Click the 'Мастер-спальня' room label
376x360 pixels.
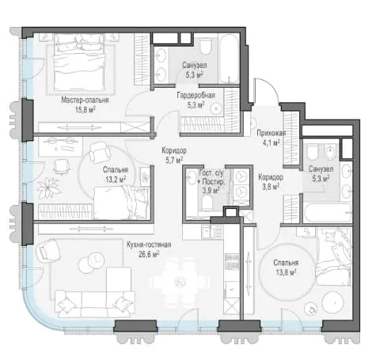coord(85,100)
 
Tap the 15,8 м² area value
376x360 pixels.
coord(85,109)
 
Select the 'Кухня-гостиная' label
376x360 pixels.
coord(149,244)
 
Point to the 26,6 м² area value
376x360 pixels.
coord(149,254)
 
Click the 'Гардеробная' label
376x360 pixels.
coord(196,95)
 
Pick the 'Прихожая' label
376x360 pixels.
coord(272,133)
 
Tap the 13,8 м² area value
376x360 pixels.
coord(286,272)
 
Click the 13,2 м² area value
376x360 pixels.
coord(116,180)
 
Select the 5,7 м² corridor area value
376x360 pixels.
coord(174,160)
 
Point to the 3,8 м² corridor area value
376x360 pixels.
coord(271,187)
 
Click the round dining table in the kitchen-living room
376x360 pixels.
coord(180,282)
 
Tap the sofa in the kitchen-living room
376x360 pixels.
coord(95,304)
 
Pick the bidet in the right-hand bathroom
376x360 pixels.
coord(330,152)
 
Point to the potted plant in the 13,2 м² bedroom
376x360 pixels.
coord(47,188)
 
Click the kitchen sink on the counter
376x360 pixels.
coord(205,232)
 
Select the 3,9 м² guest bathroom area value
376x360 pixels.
coord(211,191)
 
